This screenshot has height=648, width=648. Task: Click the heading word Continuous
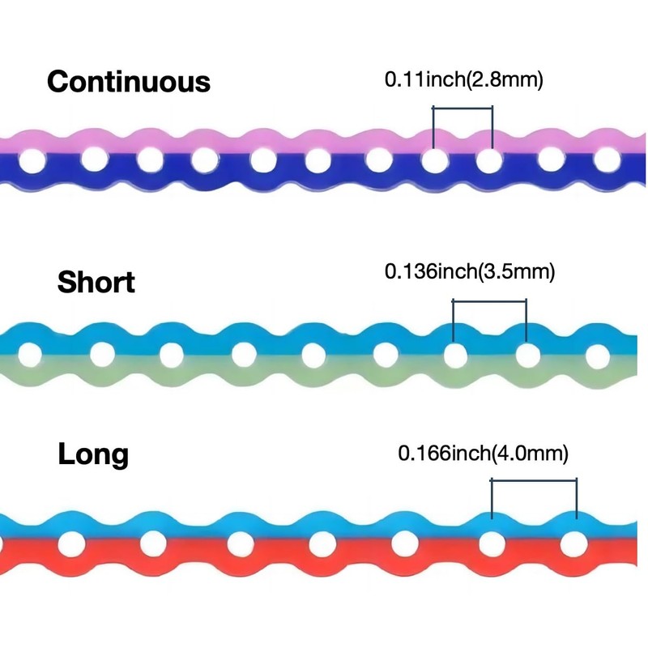pos(129,82)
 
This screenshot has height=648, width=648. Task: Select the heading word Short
pos(96,283)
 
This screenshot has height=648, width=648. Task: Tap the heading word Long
pos(93,454)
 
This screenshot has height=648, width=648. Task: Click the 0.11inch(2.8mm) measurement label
pos(463,79)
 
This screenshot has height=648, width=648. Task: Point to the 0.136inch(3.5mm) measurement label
pos(470,271)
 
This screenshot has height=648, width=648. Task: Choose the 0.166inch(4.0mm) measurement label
pos(484,453)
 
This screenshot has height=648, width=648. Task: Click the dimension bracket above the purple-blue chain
pos(463,109)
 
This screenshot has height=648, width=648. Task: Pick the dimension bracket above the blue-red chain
pos(534,480)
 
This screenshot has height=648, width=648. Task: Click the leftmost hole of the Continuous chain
pos(32,161)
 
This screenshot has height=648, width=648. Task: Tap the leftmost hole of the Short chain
pos(30,355)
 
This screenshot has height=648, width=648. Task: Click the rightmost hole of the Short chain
pos(598,355)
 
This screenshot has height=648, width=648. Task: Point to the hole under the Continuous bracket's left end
pos(433,160)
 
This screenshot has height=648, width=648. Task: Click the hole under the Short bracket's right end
pos(527,355)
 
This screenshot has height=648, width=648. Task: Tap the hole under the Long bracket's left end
pos(491,544)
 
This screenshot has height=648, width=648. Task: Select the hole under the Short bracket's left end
pos(454,355)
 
